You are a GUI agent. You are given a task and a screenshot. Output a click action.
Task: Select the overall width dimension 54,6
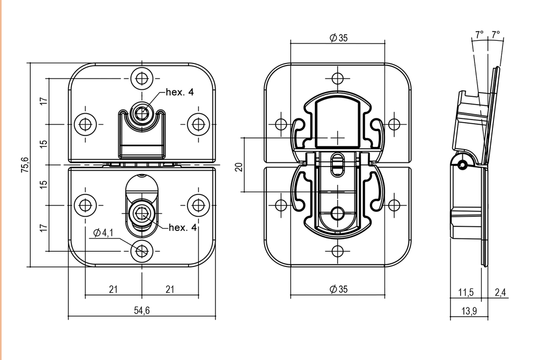142,311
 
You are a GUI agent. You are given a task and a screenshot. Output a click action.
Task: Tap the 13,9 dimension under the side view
469,311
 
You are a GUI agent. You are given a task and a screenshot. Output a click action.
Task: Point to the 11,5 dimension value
465,292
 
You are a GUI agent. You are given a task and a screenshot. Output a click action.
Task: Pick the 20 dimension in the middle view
239,167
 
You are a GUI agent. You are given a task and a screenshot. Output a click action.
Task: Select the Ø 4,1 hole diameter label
103,233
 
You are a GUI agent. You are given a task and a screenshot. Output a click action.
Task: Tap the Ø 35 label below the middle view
338,289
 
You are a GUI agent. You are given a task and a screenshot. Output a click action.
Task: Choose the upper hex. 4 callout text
180,91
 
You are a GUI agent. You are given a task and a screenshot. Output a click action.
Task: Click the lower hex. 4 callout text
182,228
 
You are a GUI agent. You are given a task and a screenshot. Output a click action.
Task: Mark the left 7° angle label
479,35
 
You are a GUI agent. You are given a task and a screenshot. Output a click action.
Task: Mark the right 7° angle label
496,35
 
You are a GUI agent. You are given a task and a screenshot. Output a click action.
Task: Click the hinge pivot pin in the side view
462,165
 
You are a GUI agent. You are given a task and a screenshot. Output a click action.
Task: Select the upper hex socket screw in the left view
141,113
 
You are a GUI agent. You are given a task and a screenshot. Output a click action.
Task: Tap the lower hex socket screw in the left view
141,215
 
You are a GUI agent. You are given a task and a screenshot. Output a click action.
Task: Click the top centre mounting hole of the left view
141,78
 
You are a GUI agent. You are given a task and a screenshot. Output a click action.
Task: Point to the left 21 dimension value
113,289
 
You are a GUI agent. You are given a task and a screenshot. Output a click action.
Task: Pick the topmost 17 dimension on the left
44,100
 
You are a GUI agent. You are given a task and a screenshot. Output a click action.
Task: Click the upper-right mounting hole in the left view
198,124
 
